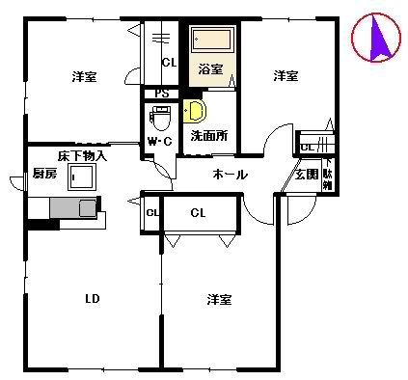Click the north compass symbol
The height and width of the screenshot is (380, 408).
coord(375,40)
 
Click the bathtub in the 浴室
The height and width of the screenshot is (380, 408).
coord(211,41)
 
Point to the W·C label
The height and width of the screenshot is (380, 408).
coord(159,143)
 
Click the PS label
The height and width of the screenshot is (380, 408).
coord(161,94)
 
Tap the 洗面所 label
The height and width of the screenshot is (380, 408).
coord(208,136)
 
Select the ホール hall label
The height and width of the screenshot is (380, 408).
coord(231,175)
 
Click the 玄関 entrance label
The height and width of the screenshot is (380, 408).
coord(307,175)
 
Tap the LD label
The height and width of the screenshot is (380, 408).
coord(93,297)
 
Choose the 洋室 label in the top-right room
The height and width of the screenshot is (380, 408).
coord(285,75)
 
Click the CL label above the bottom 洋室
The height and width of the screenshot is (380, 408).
coord(198,212)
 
